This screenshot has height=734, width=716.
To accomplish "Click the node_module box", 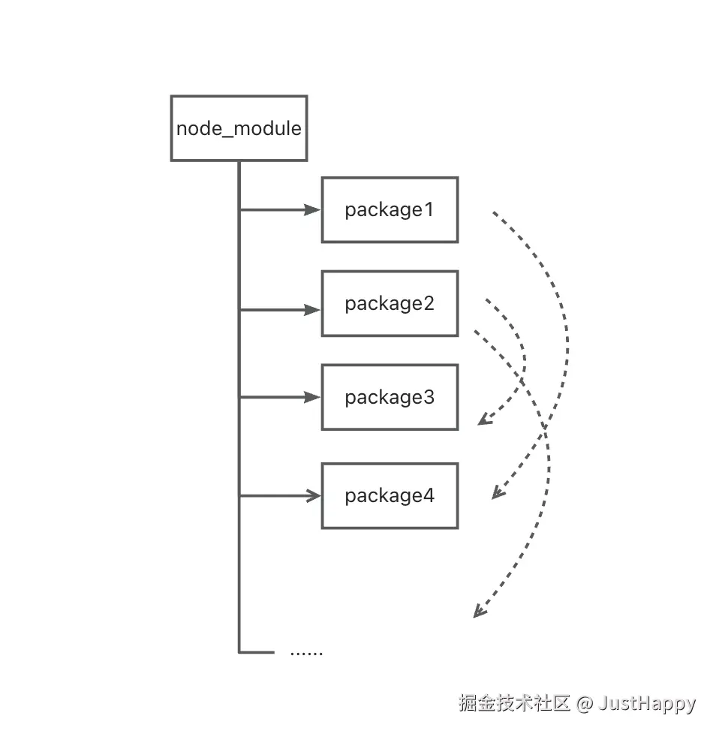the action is [x=239, y=128].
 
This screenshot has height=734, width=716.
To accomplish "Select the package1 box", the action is [x=390, y=210].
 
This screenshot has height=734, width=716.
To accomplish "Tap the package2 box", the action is [x=390, y=304].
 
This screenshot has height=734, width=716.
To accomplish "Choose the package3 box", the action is [x=390, y=397].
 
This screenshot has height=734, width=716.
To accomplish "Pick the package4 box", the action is [x=390, y=496].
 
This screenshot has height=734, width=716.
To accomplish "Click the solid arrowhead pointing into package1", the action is [x=312, y=210].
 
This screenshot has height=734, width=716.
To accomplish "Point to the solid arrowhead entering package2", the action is [x=312, y=310].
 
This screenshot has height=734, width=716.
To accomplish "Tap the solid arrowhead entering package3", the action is [x=312, y=397].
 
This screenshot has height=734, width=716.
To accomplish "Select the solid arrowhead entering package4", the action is [x=312, y=495].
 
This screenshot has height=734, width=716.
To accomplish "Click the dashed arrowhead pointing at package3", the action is [x=484, y=420].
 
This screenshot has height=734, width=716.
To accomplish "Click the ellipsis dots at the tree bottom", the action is [x=306, y=653].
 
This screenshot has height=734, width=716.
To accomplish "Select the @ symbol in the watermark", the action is [x=585, y=704].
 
